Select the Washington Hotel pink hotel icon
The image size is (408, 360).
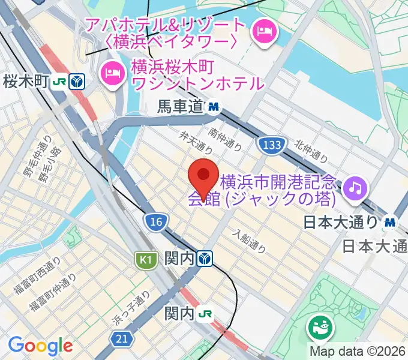click(x=112, y=73)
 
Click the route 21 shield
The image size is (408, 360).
click(x=122, y=340)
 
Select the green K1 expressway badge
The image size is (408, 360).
click(x=144, y=260)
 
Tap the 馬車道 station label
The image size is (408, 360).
click(x=181, y=107)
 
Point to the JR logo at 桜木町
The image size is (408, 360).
click(x=59, y=81)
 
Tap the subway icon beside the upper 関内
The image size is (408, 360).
click(x=206, y=259)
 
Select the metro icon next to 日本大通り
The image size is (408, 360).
click(x=391, y=222)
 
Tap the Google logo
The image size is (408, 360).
click(x=40, y=346)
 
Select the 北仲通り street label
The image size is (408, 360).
click(x=311, y=151)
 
